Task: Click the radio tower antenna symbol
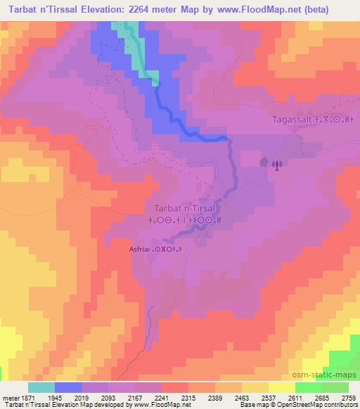276,166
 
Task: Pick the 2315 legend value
188,396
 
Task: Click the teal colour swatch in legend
41,387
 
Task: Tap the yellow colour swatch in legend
281,387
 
